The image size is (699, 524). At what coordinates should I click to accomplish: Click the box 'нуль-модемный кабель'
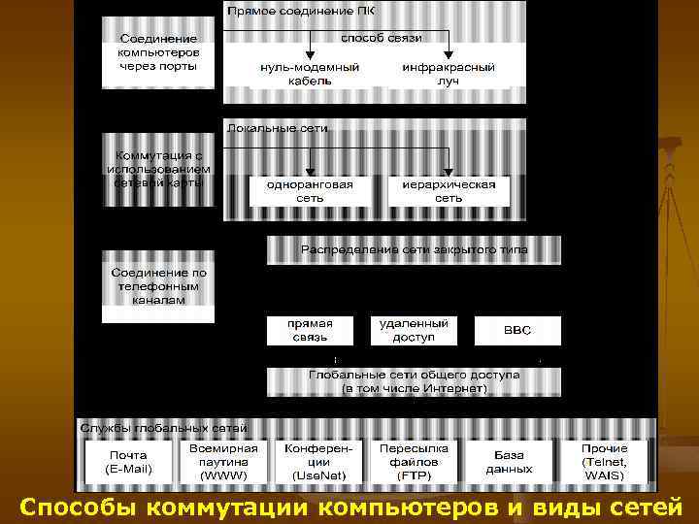310,75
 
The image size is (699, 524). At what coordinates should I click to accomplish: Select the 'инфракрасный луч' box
448,75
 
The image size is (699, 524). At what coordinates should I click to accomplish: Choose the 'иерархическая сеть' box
448,191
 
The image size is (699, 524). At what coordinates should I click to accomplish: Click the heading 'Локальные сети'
278,127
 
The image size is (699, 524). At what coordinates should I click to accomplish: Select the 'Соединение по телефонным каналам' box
158,286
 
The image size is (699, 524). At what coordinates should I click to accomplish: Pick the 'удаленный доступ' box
414,330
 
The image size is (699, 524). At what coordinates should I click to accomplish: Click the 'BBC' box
516,330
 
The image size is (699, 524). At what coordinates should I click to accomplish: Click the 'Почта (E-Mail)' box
128,462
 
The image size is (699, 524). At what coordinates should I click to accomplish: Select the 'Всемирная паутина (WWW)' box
224,462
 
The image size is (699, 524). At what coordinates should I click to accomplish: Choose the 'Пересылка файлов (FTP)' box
414,462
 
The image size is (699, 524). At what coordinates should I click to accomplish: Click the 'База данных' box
509,462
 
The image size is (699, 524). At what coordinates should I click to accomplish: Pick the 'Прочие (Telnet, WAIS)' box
604,462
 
